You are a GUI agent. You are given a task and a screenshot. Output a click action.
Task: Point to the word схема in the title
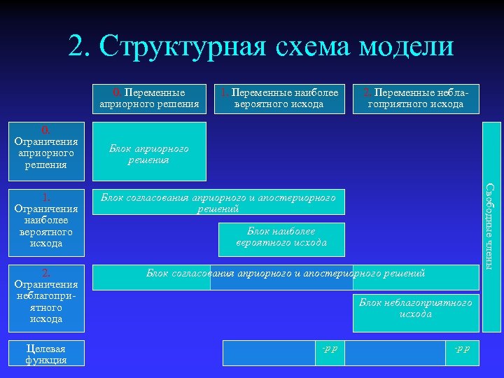pos(311,47)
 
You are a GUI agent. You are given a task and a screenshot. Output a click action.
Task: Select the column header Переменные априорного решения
pos(149,99)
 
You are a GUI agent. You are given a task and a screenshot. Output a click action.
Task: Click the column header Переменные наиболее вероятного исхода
pos(279,99)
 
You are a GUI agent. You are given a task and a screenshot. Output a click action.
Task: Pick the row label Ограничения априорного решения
pos(45,148)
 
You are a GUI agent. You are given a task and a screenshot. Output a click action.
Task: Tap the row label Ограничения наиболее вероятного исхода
pos(45,220)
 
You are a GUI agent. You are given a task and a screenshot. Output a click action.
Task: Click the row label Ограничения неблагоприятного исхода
pos(45,296)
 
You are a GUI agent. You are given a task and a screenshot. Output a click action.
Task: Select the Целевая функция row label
pos(45,353)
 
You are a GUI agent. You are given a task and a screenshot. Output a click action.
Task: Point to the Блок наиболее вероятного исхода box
pos(281,237)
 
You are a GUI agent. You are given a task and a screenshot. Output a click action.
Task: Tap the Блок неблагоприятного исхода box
pos(415,308)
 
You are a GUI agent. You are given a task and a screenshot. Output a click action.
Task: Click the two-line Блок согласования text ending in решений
pos(218,203)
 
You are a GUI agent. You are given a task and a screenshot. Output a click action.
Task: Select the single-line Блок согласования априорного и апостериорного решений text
pos(285,272)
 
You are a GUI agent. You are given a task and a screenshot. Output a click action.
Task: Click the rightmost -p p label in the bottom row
pos(462,348)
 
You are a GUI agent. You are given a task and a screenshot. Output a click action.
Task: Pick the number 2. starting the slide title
pos(79,47)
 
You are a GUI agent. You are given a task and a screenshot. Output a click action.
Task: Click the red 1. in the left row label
pos(45,197)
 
